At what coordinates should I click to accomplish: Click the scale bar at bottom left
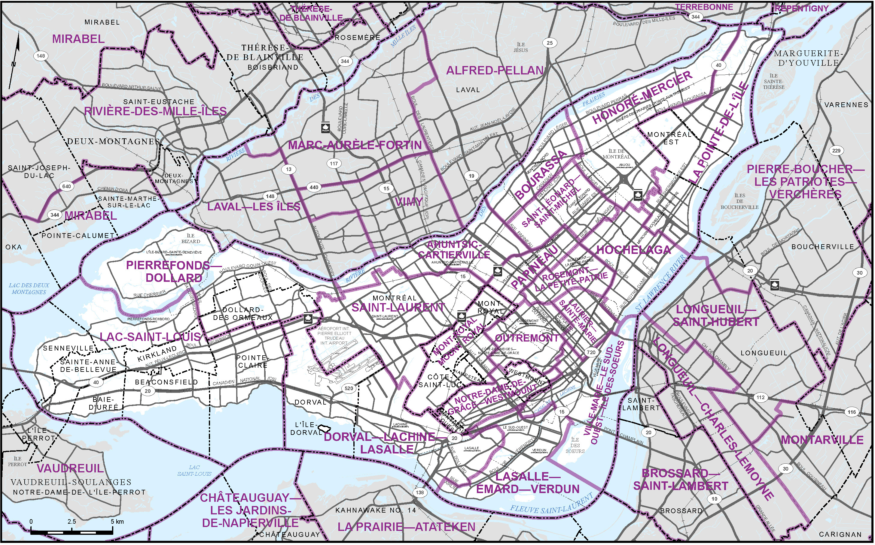(x=72, y=531)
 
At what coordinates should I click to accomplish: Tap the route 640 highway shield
(x=67, y=186)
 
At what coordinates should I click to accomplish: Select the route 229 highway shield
(x=837, y=151)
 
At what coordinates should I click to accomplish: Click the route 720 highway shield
(x=591, y=352)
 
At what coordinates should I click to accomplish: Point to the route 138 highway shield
(x=420, y=492)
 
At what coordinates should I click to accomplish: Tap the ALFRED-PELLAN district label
(x=494, y=71)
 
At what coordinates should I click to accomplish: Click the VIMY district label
(x=409, y=202)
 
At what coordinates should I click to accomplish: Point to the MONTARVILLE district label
(x=822, y=440)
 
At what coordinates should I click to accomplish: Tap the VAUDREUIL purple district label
(x=70, y=468)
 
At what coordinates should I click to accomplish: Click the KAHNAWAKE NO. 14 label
(x=376, y=510)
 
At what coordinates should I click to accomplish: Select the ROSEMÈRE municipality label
(x=358, y=38)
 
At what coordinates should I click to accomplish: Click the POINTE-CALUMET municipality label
(x=78, y=236)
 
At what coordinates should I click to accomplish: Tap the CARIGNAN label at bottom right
(x=840, y=534)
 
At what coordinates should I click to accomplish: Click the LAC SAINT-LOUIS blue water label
(x=194, y=470)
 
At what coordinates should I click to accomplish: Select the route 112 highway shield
(x=761, y=398)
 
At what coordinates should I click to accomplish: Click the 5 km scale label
(x=117, y=522)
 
